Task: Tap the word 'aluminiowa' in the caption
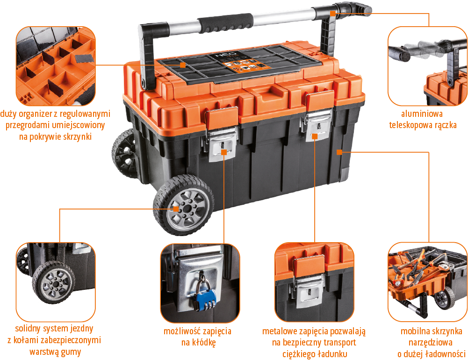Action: point(422,114)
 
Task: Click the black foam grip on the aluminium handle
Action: point(225,23)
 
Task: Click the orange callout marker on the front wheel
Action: point(176,209)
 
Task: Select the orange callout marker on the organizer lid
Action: point(183,65)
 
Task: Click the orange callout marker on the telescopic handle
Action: point(333,14)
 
